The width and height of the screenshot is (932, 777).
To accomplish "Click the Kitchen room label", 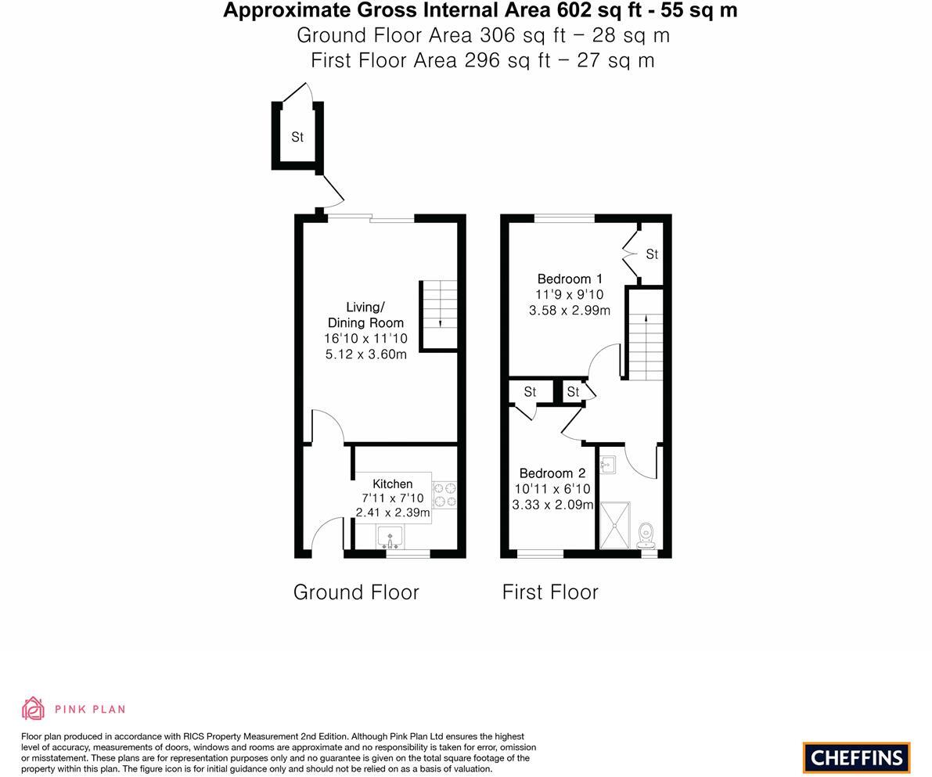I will (x=392, y=484).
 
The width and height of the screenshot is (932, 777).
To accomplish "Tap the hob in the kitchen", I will (x=444, y=495).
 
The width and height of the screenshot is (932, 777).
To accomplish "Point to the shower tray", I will (x=619, y=525).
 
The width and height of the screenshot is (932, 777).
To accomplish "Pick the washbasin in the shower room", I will (x=608, y=465).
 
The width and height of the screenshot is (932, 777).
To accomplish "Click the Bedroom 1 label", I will (x=570, y=279).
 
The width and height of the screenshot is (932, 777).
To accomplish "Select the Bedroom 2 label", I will (x=552, y=473).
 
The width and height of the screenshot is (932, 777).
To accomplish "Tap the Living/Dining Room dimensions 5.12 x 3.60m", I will (x=366, y=354).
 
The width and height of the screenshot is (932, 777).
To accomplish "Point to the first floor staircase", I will (x=646, y=344).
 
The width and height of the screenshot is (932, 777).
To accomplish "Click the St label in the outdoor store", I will (x=297, y=137).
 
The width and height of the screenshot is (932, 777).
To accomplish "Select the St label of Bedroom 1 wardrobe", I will (x=652, y=254).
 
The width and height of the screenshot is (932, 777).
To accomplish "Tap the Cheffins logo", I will (x=856, y=757).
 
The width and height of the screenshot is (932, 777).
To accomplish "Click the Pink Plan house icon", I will (x=33, y=709).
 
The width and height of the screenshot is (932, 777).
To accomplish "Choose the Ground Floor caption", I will (x=356, y=592).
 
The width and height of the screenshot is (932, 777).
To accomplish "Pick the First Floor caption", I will (x=550, y=592).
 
